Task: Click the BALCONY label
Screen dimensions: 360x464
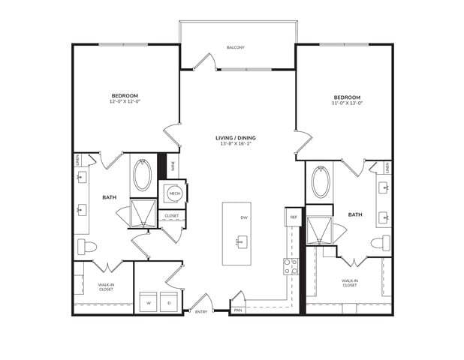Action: (x=236, y=48)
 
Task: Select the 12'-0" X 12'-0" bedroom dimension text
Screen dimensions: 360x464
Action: (x=124, y=101)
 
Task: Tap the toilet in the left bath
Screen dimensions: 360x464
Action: (x=83, y=246)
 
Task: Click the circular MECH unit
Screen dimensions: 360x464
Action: (x=173, y=193)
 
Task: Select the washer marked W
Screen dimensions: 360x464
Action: (x=148, y=303)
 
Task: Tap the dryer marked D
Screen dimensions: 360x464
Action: (x=169, y=303)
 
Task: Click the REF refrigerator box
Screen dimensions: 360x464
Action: (x=292, y=217)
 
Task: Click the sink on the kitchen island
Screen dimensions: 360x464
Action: (x=241, y=242)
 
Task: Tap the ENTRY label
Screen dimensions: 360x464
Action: (x=200, y=312)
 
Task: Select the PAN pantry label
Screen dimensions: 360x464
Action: (x=237, y=310)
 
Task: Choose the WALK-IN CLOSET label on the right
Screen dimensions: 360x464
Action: (x=350, y=283)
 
